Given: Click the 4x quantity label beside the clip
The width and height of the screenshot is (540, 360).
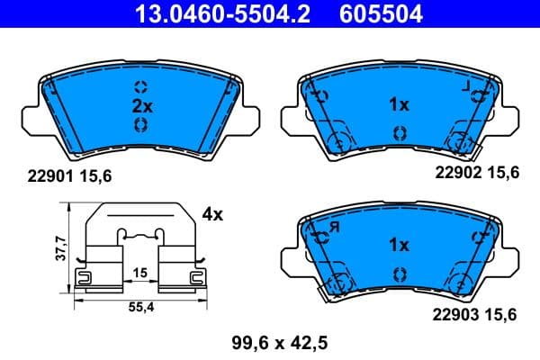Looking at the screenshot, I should point(212,215).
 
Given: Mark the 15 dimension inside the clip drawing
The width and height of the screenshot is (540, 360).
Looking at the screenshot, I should point(140,273).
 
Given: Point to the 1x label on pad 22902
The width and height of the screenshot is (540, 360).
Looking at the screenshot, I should point(399,105).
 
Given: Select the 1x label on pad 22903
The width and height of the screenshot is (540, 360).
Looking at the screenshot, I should point(399,245).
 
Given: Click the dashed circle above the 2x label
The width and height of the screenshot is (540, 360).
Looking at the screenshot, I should point(139,86).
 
